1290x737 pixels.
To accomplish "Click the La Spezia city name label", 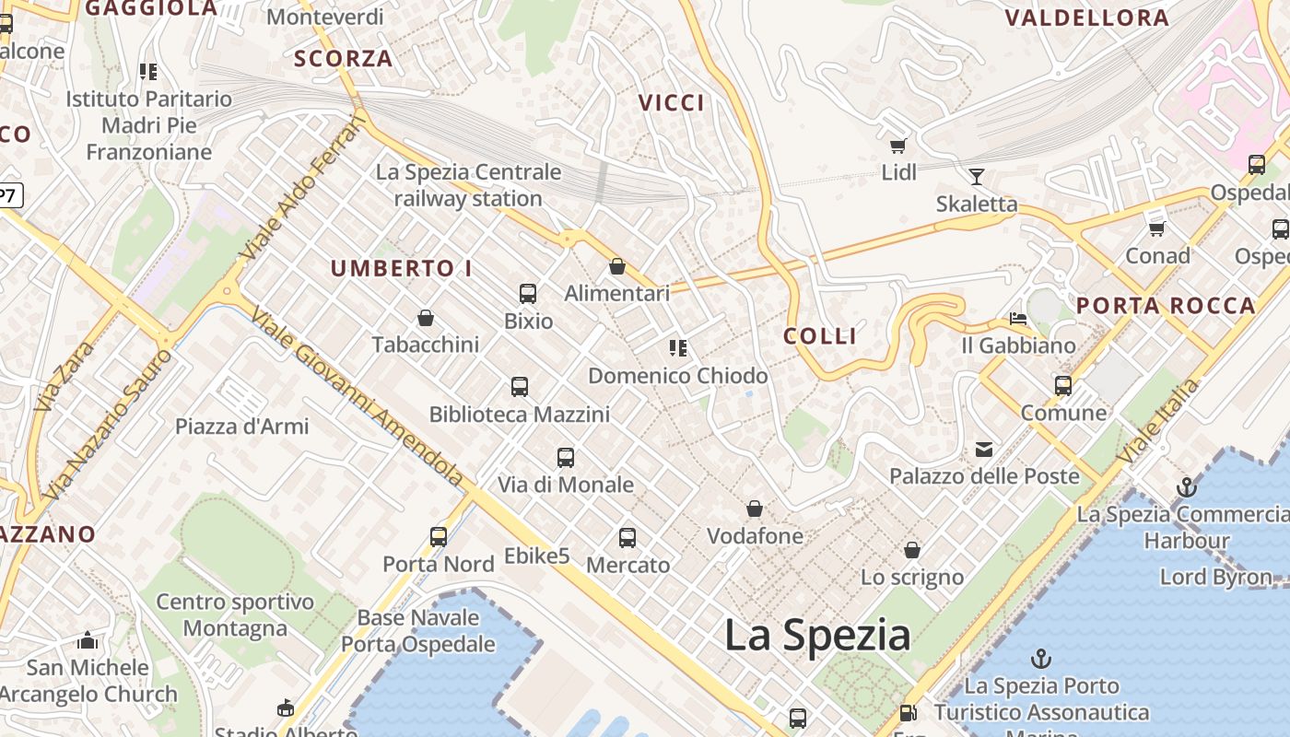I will pos(817,636).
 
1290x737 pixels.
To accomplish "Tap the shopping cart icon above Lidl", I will pos(897,146).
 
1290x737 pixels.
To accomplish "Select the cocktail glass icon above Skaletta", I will pos(977,176).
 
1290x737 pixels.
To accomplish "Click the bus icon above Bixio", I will pos(528,294).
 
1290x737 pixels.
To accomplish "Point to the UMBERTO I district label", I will pos(401,269).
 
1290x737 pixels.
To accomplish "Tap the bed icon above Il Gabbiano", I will pos(1018,319).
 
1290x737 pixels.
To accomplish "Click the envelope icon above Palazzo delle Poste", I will pos(984,450).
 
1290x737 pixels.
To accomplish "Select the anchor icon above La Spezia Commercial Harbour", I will pos(1187,487).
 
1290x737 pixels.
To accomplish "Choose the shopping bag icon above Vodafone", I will pos(755,509).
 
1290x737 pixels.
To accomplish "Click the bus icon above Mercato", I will pos(627,538).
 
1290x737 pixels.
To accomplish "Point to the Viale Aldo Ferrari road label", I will pos(299,189).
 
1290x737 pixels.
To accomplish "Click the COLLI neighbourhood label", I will pos(820,336).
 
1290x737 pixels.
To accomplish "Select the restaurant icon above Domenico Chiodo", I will pos(678,348).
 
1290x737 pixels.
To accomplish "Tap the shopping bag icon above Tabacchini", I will pos(426,318).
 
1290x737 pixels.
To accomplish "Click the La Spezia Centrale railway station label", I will pos(468,185).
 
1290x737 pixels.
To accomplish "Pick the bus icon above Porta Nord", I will pos(439,537).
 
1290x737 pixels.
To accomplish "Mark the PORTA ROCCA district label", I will pos(1166,306).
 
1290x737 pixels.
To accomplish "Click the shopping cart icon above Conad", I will pos(1157,228).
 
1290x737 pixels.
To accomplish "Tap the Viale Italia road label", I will pos(1159,421).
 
